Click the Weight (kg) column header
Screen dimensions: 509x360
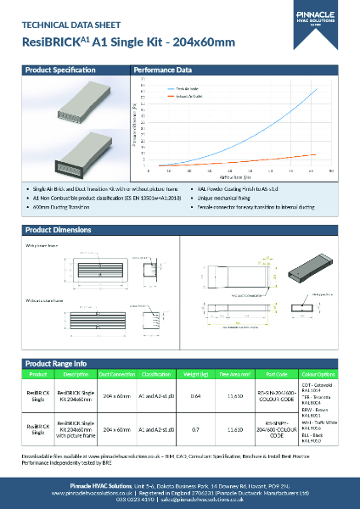coord(196,374)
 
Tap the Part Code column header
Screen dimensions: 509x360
coord(276,374)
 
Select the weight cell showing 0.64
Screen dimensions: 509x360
coord(196,395)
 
